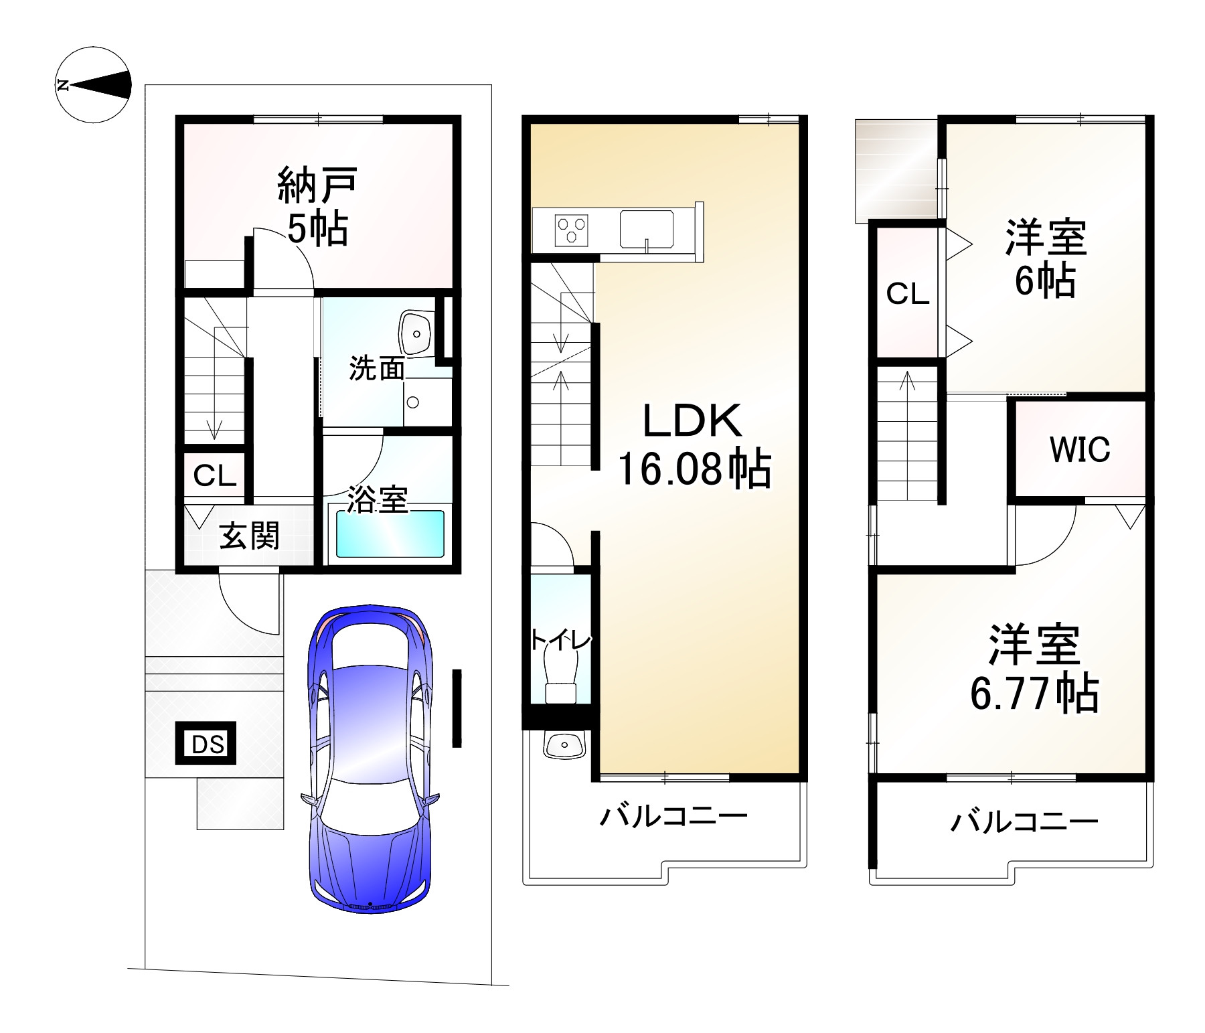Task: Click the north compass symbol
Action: coord(93,85)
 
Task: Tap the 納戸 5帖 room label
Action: coord(317,207)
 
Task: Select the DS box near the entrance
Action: coord(206,744)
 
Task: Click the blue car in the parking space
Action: coord(370,757)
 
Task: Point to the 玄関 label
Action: coord(249,536)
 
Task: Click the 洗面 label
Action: coord(377,368)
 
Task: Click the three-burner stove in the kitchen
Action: coord(571,230)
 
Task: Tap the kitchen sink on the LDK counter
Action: coord(646,229)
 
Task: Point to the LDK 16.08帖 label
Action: coord(694,445)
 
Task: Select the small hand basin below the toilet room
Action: coord(564,744)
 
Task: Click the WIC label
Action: coord(1080,449)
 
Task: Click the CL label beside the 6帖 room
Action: coord(908,293)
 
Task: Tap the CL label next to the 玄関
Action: coord(215,475)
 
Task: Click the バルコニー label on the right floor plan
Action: coord(1024,821)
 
